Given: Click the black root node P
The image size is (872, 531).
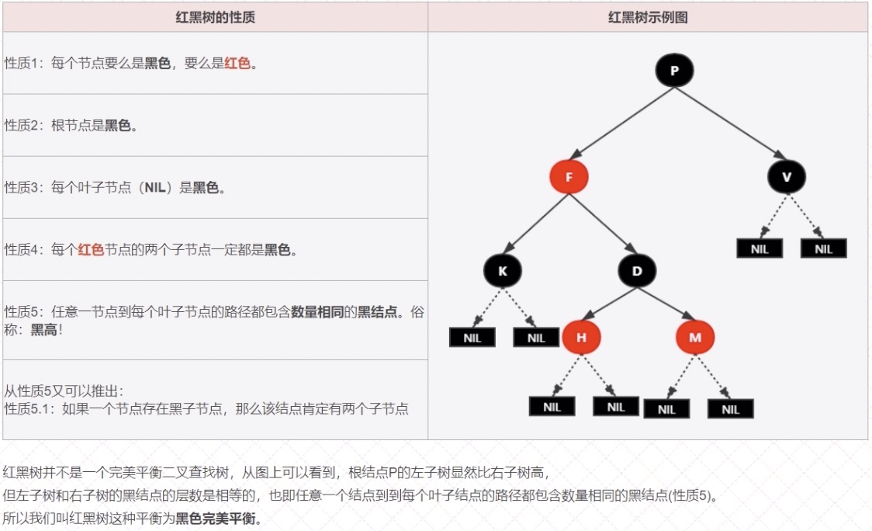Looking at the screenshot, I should click(674, 71).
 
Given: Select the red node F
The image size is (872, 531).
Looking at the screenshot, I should click(569, 177).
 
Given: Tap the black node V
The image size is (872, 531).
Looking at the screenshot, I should click(787, 177).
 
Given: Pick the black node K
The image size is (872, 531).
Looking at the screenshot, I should click(502, 271).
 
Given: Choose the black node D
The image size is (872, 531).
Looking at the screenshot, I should click(637, 271).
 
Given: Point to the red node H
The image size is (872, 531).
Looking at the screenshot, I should click(581, 338).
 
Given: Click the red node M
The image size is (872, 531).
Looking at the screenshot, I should click(694, 338).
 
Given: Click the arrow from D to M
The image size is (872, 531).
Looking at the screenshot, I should click(666, 304).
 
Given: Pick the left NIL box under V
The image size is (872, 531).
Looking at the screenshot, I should click(760, 248).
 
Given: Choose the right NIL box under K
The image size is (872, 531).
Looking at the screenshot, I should click(536, 338).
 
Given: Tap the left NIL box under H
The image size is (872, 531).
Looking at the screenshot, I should click(552, 406).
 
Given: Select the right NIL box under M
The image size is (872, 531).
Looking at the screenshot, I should click(730, 409).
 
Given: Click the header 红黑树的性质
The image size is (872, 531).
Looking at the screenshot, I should click(215, 17).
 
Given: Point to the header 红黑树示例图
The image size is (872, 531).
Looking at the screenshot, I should click(648, 17).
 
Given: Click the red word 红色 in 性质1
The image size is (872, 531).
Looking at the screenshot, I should click(237, 64).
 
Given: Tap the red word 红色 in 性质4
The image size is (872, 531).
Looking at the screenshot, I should click(91, 250).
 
